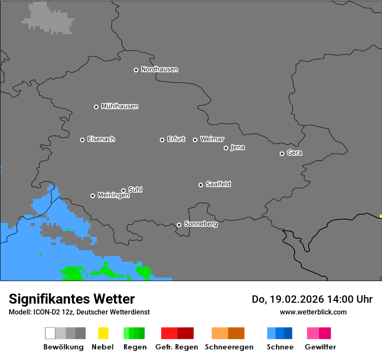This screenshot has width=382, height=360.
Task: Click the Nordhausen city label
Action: (159, 69)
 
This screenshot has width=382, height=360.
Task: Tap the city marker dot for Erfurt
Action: (162, 140)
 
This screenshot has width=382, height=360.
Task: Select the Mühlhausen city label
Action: (119, 106)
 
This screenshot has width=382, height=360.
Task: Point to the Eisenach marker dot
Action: (82, 140)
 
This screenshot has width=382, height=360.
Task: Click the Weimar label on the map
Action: (212, 139)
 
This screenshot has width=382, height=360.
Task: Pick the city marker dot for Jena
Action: (226, 148)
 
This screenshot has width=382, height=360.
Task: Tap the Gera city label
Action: (294, 153)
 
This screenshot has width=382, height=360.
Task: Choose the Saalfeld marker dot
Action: (201, 185)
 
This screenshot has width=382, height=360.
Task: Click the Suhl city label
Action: (135, 190)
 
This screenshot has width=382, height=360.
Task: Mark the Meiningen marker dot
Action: (92, 196)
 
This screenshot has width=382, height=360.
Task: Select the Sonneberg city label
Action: (201, 224)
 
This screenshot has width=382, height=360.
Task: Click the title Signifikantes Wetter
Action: (72, 299)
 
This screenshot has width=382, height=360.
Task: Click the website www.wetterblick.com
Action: (313, 312)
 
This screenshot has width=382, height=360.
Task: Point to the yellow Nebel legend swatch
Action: (103, 333)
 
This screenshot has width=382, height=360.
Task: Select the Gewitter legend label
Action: (320, 347)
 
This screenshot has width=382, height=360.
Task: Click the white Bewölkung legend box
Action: (50, 333)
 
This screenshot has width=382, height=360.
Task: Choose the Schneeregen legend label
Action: (229, 347)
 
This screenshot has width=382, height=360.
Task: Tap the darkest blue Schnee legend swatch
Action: (288, 333)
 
